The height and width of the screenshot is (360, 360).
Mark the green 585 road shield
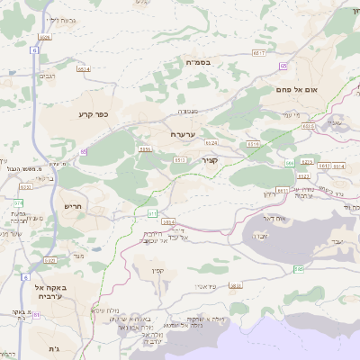click(298, 268)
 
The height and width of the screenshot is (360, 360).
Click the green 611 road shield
click(152, 213)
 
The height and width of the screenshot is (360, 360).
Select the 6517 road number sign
click(259, 54)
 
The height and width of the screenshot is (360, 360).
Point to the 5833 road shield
click(236, 286)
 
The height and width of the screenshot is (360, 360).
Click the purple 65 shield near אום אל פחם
click(283, 66)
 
